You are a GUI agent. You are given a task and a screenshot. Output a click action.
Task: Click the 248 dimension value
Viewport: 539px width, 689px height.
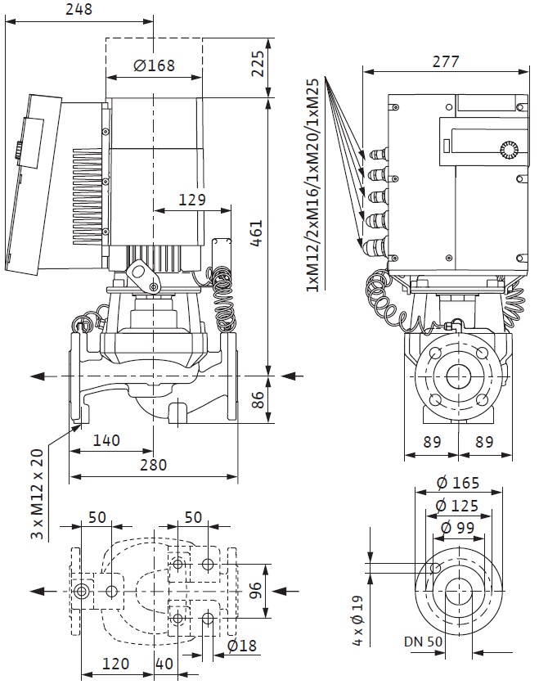click(x=79, y=9)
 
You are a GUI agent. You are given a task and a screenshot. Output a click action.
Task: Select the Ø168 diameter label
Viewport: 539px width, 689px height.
click(x=154, y=65)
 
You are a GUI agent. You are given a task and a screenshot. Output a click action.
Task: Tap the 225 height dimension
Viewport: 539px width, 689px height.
click(x=258, y=64)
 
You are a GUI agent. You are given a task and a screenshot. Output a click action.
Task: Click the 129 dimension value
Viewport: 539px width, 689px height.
click(x=192, y=200)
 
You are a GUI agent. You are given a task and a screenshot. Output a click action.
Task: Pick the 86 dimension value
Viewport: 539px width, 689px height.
click(x=258, y=399)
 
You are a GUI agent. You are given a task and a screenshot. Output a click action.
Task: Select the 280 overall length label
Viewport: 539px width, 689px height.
click(x=153, y=465)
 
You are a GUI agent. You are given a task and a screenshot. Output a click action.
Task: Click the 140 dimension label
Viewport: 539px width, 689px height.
click(x=106, y=440)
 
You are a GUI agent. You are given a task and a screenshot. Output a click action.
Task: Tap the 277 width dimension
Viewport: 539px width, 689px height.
click(x=446, y=61)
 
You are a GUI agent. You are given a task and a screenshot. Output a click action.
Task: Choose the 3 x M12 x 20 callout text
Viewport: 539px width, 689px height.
click(x=38, y=493)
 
